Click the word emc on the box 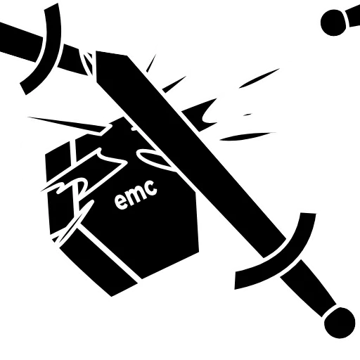136,195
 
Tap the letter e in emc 121,202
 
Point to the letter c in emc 150,188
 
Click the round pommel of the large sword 340,323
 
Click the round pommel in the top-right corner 333,22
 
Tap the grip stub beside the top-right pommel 353,16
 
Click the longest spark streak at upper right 259,79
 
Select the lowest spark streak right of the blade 247,136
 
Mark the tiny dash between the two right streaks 247,115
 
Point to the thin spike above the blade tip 151,63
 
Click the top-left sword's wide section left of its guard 21,40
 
